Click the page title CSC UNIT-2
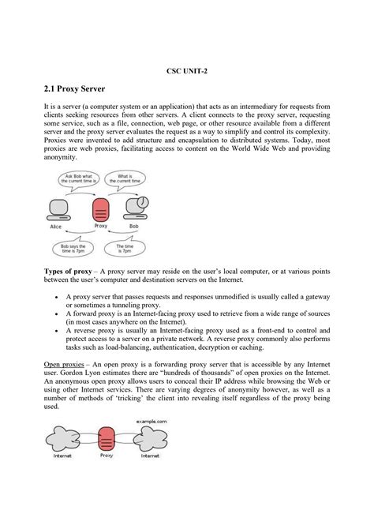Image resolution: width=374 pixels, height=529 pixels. pos(187,70)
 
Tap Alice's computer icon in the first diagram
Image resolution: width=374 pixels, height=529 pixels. pos(58,209)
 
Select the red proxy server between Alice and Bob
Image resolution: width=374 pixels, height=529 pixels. pos(100,208)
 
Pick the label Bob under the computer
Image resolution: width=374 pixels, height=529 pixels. pos(135,226)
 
